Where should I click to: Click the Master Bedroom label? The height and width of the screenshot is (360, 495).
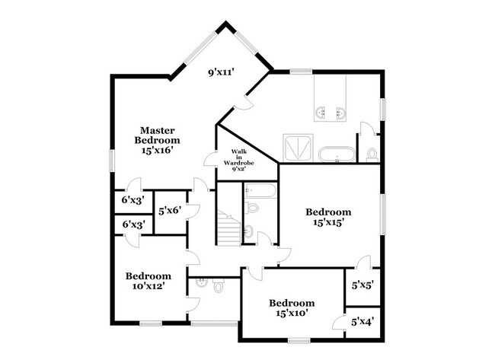[157, 140]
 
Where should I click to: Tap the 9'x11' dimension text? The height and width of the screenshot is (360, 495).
[221, 73]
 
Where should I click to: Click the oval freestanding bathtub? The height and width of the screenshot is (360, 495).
[335, 155]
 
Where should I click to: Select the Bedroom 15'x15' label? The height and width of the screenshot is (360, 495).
[328, 217]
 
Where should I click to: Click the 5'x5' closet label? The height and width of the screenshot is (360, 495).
[362, 287]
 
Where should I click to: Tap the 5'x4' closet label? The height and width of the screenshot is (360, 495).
[362, 322]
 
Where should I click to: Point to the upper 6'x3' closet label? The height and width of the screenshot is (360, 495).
[133, 202]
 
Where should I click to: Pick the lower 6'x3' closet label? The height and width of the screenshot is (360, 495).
[133, 225]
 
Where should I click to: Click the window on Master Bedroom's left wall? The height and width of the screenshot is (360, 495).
[112, 161]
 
